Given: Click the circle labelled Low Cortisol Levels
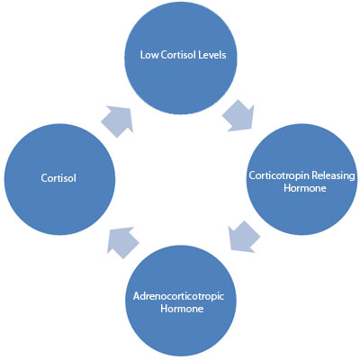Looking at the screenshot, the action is tap(181, 58).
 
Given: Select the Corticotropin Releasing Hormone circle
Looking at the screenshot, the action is tap(302, 179).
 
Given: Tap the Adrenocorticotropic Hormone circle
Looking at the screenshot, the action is tap(181, 301).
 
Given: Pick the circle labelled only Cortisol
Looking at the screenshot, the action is tap(59, 179).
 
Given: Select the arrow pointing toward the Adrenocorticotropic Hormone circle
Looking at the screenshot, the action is tap(244, 237).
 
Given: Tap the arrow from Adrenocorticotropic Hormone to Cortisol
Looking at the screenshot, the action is tap(123, 242).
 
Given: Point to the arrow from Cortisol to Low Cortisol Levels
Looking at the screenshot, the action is tap(118, 121).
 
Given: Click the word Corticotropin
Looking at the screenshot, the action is tap(279, 175).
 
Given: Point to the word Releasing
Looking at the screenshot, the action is tap(333, 175).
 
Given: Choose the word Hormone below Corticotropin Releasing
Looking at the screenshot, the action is tap(305, 188).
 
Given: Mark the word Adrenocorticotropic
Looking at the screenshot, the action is tap(178, 296).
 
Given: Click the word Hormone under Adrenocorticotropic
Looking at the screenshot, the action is tap(182, 309).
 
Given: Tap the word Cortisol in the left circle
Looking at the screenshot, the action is tap(58, 178).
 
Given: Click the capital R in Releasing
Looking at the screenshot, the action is tap(314, 175).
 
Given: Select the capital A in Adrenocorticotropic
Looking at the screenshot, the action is tap(137, 296).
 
